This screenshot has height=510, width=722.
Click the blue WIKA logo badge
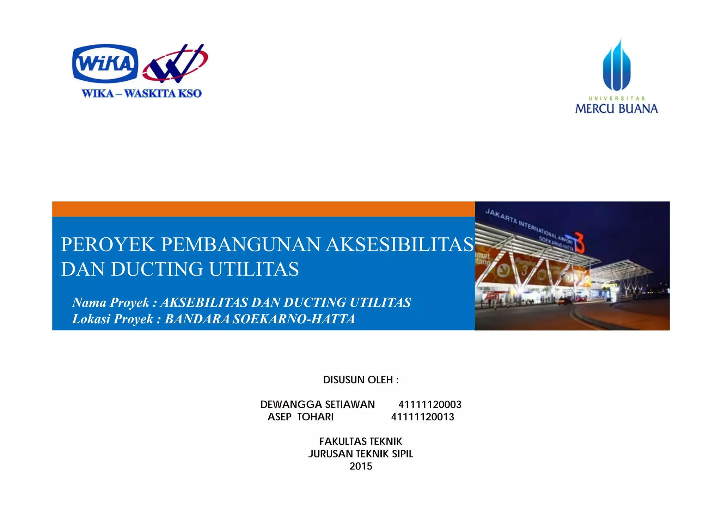tap(105, 63)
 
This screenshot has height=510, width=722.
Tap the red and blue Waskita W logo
tap(175, 63)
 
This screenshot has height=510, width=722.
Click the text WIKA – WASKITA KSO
tap(141, 93)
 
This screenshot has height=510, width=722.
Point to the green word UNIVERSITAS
tap(617, 98)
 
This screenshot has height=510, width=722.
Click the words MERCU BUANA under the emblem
tap(617, 108)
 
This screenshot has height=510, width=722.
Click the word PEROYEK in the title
tap(108, 244)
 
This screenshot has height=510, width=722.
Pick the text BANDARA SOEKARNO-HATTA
tap(260, 319)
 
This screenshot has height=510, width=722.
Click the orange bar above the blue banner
tap(263, 209)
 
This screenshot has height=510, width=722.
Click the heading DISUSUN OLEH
tap(361, 380)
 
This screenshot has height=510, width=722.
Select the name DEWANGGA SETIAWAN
tap(317, 404)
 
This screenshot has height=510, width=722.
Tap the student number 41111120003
tap(430, 404)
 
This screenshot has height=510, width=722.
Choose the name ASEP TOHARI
tap(300, 417)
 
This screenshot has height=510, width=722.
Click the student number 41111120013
tap(423, 417)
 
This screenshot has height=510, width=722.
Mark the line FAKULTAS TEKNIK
tap(361, 441)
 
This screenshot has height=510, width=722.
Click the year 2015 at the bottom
tap(361, 466)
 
